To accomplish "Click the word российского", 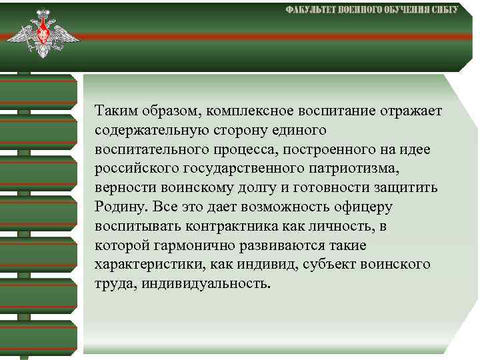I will pos(134,167).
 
